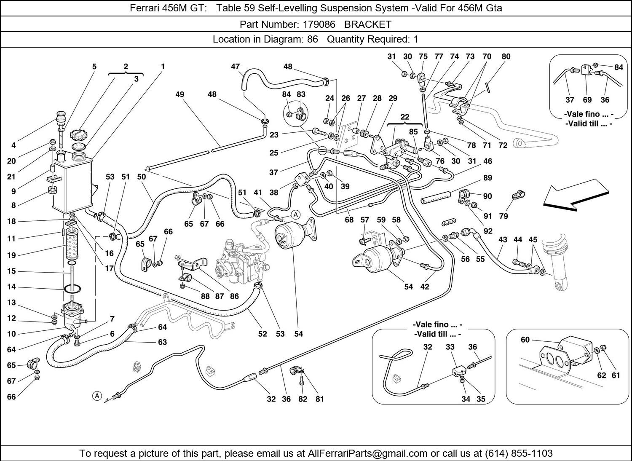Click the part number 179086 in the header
point(319,24)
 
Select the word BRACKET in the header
point(368,24)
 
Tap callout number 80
point(506,56)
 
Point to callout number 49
point(180,94)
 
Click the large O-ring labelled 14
point(73,289)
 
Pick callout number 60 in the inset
point(525,340)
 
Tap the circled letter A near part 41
point(296,214)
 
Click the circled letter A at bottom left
point(97,396)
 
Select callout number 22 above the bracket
point(404,117)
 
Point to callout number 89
point(487,178)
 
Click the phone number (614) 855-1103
point(519,453)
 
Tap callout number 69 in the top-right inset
point(587,100)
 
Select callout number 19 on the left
point(11,255)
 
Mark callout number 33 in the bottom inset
point(450,347)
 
